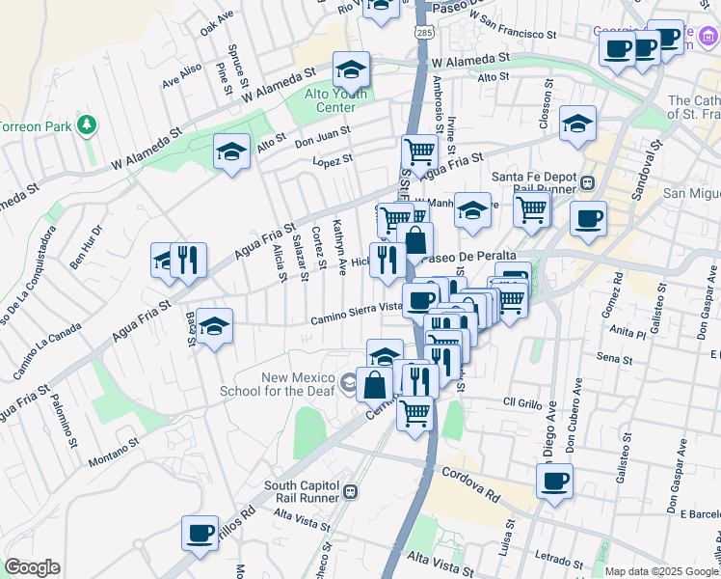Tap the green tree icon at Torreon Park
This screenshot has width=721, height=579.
[x=87, y=125]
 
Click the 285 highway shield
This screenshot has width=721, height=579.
[x=425, y=33]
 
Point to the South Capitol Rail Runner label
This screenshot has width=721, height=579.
[x=305, y=491]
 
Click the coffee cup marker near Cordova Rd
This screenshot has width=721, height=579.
[x=554, y=481]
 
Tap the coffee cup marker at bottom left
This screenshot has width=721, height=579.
[x=200, y=533]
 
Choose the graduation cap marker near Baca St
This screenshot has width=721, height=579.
[x=215, y=325]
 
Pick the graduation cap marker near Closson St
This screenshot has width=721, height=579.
[x=577, y=123]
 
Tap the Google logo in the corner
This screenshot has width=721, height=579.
[x=31, y=567]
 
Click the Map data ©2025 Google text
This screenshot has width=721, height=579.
[x=660, y=571]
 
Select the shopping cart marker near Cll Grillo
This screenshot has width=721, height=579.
[x=415, y=413]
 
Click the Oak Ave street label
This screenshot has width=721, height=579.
[x=217, y=23]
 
